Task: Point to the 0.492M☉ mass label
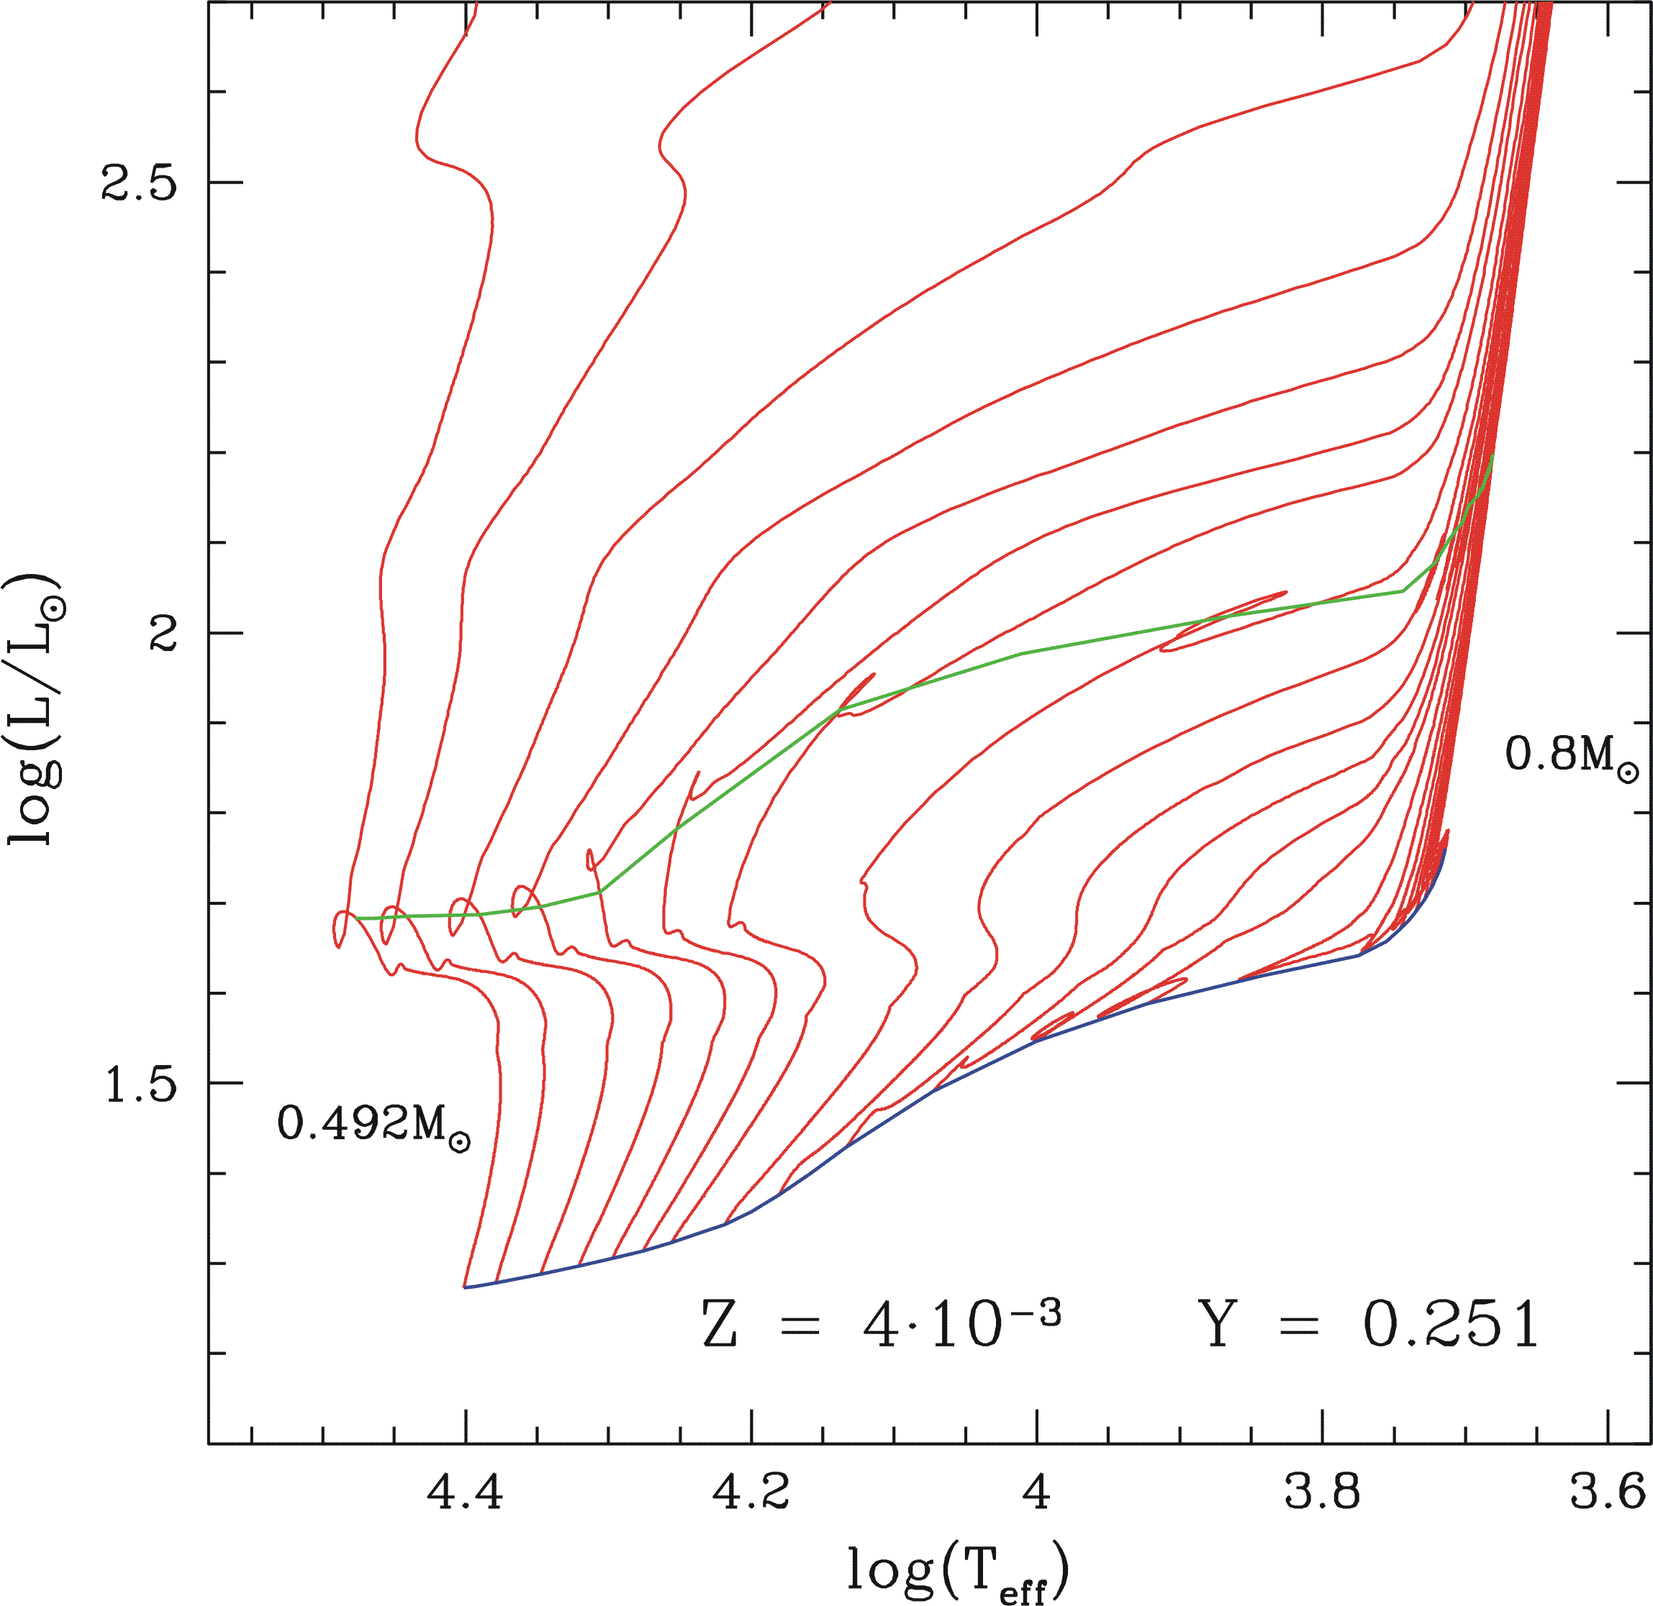point(373,1124)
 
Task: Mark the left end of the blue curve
point(465,1287)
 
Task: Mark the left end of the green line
point(357,918)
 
